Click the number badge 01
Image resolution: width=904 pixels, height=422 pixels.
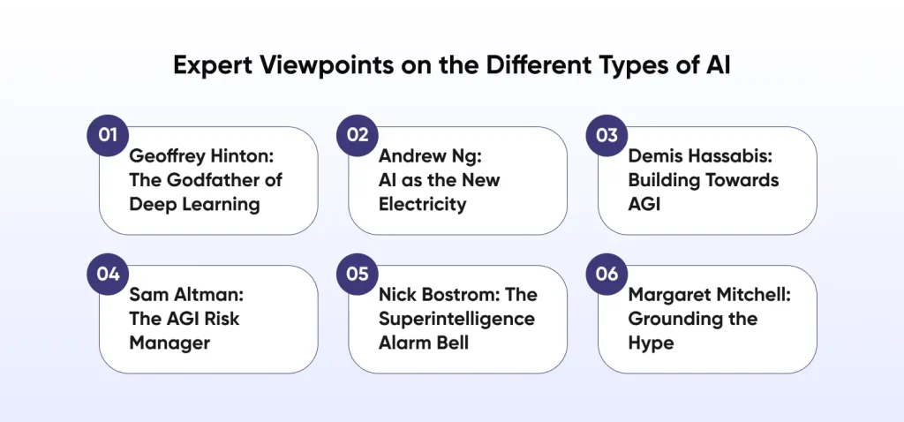[108, 135]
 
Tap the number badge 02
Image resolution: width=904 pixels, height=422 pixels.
[358, 135]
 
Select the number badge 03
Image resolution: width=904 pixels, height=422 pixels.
[607, 135]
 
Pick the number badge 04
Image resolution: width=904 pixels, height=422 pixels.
[108, 274]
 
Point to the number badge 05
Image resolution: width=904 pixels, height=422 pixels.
[358, 274]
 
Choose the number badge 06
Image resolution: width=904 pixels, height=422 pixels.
[607, 274]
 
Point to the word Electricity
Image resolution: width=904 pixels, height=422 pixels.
[422, 204]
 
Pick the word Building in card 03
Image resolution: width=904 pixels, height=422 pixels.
[663, 180]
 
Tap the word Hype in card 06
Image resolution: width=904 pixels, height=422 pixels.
[651, 343]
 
